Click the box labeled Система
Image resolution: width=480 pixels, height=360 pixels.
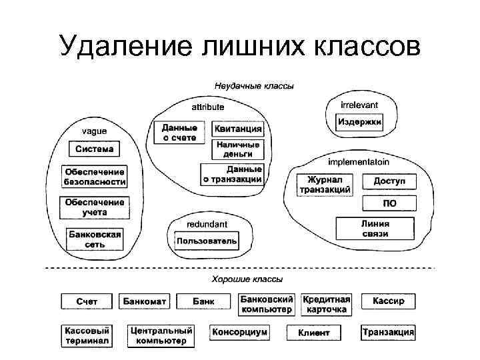coord(94,149)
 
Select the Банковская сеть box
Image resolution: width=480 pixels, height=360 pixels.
coord(94,239)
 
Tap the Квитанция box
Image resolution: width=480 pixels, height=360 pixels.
coord(238,129)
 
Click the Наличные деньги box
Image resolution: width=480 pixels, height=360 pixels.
coord(238,149)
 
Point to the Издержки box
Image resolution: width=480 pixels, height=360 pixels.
coord(359,123)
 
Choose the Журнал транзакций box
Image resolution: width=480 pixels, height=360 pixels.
coord(325,185)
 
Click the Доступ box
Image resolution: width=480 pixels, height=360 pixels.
coord(389,181)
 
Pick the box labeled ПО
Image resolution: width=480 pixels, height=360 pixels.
coord(389,203)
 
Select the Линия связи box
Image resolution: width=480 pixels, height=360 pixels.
coord(375,229)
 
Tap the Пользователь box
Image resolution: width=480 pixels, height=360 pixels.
coord(206,240)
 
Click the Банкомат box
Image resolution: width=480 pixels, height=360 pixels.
coord(145,301)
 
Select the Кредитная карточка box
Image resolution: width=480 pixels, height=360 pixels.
coord(326,305)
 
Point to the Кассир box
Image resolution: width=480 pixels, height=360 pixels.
coord(388,301)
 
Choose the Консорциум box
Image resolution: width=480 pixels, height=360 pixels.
coord(239,332)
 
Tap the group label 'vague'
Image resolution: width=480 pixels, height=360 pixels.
coord(93,131)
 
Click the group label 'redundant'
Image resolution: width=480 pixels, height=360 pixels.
coord(207,224)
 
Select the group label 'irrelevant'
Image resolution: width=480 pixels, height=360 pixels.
coord(359,105)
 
